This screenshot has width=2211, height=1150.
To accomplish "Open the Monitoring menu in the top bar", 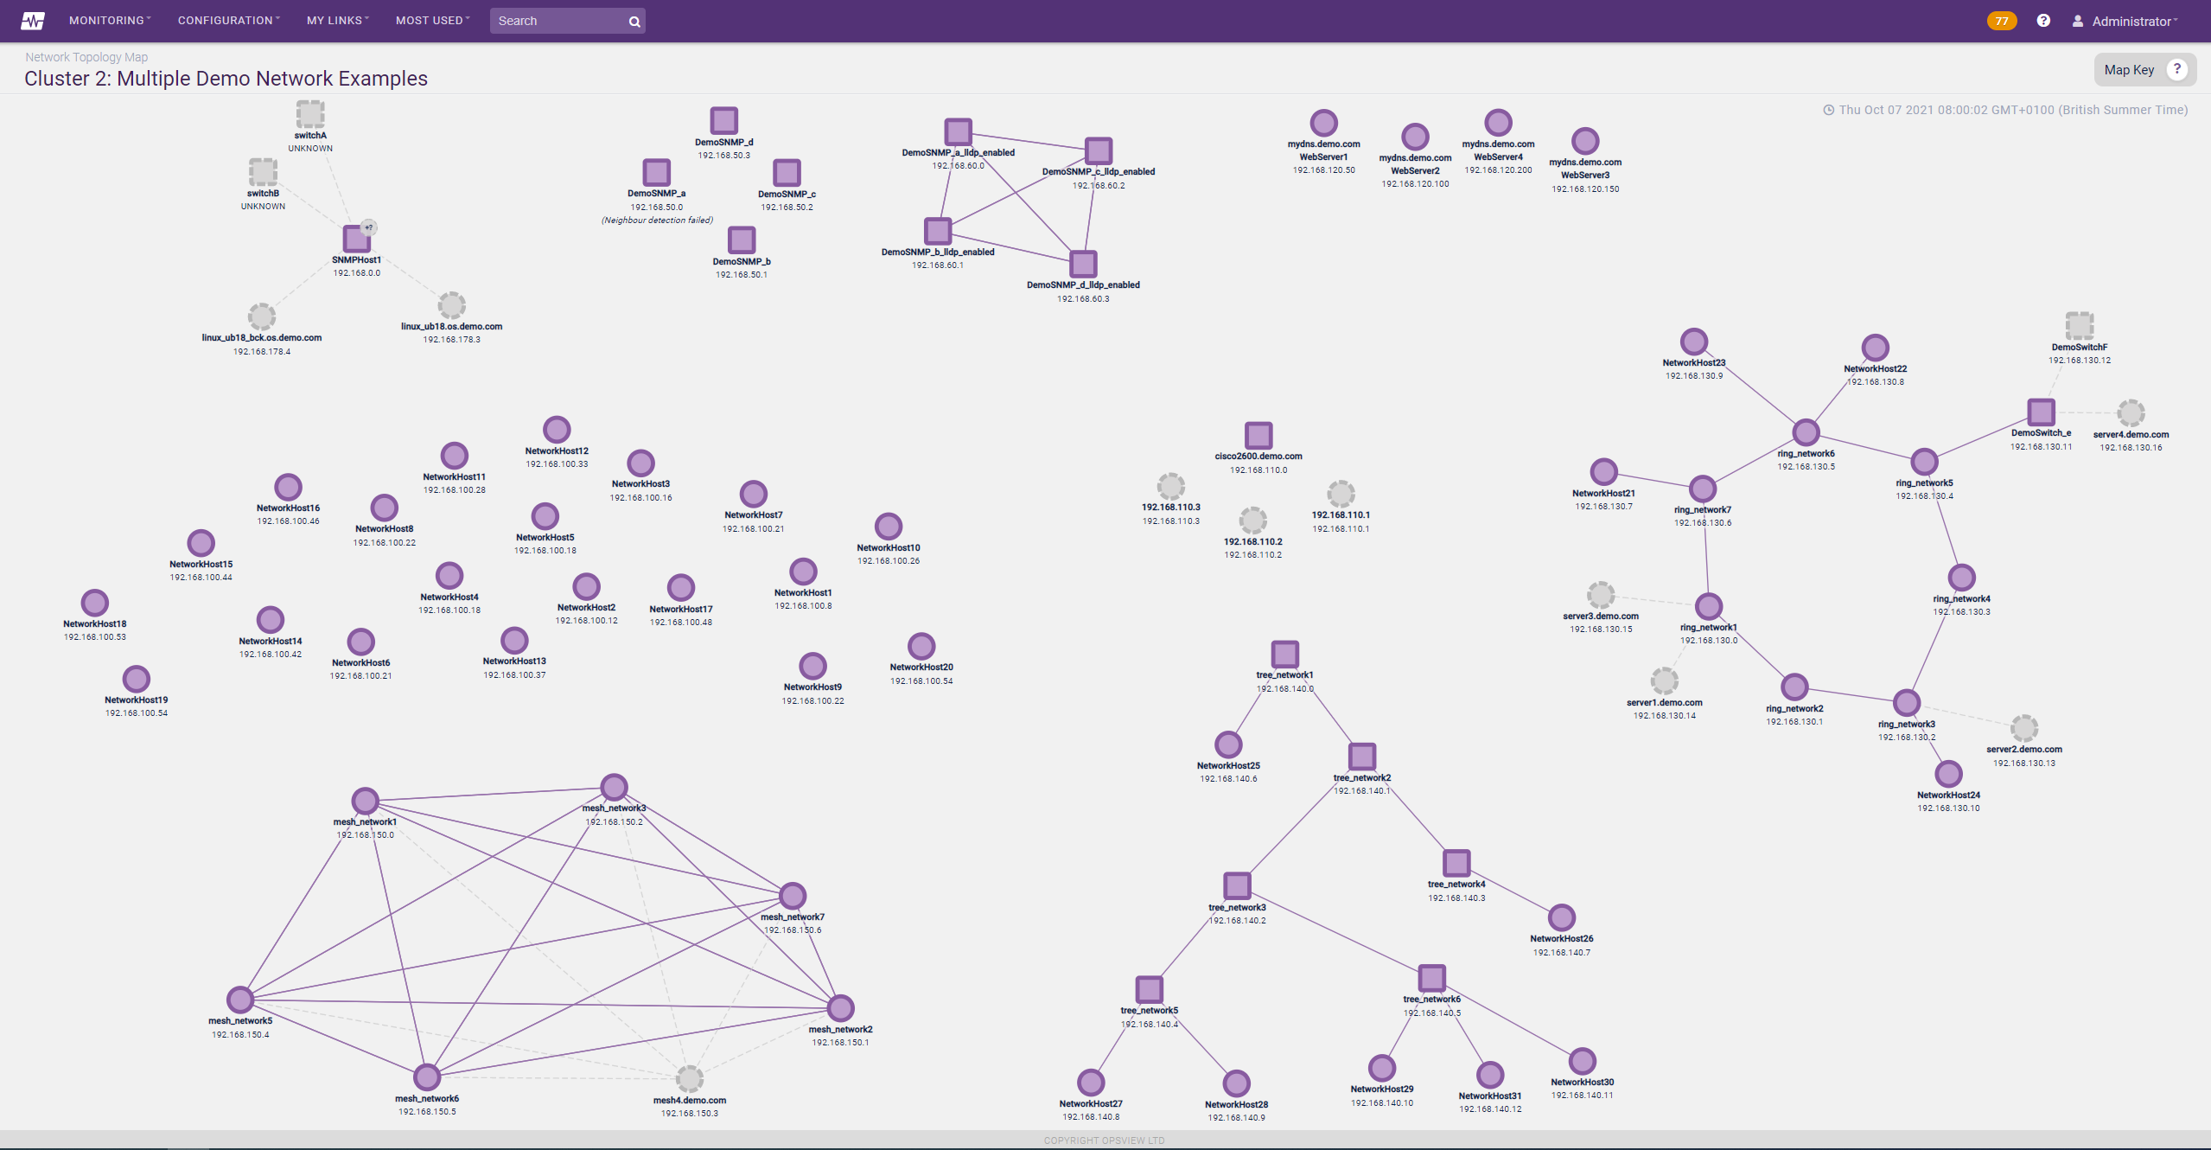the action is pyautogui.click(x=110, y=21).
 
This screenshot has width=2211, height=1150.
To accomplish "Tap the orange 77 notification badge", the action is pyautogui.click(x=2002, y=21).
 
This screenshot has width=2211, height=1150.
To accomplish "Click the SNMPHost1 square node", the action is pyautogui.click(x=356, y=238).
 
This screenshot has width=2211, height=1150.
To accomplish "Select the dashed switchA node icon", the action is pyautogui.click(x=310, y=113).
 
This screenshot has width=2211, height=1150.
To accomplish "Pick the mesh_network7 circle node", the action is pyautogui.click(x=793, y=896).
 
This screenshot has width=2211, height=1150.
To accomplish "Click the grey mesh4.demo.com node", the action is pyautogui.click(x=690, y=1078).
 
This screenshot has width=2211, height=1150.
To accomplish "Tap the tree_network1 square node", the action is pyautogui.click(x=1285, y=654).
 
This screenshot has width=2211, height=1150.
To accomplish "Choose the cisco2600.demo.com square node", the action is pyautogui.click(x=1258, y=435).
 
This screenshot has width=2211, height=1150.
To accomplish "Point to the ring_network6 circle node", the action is pyautogui.click(x=1806, y=432).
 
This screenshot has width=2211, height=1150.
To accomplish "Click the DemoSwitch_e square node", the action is pyautogui.click(x=2042, y=412).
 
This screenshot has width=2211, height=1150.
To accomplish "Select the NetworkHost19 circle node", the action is pyautogui.click(x=137, y=679).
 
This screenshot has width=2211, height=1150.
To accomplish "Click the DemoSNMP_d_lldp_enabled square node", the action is pyautogui.click(x=1083, y=264).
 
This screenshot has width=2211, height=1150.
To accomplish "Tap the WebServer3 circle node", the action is pyautogui.click(x=1585, y=141).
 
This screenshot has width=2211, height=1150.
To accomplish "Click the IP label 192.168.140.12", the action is pyautogui.click(x=1490, y=1109).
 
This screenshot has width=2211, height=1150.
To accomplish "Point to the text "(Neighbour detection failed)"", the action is pyautogui.click(x=657, y=220).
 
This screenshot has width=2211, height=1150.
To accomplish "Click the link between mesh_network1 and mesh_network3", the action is pyautogui.click(x=490, y=794).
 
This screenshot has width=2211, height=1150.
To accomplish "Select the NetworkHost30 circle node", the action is pyautogui.click(x=1583, y=1061).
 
